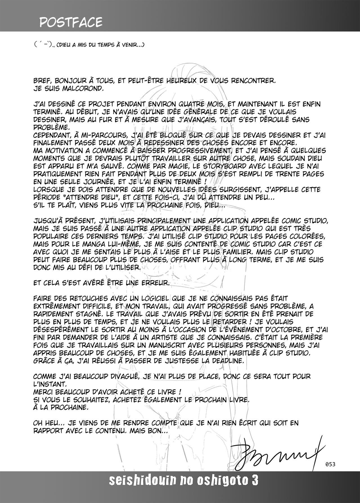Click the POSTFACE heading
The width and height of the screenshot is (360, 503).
[x=71, y=22]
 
